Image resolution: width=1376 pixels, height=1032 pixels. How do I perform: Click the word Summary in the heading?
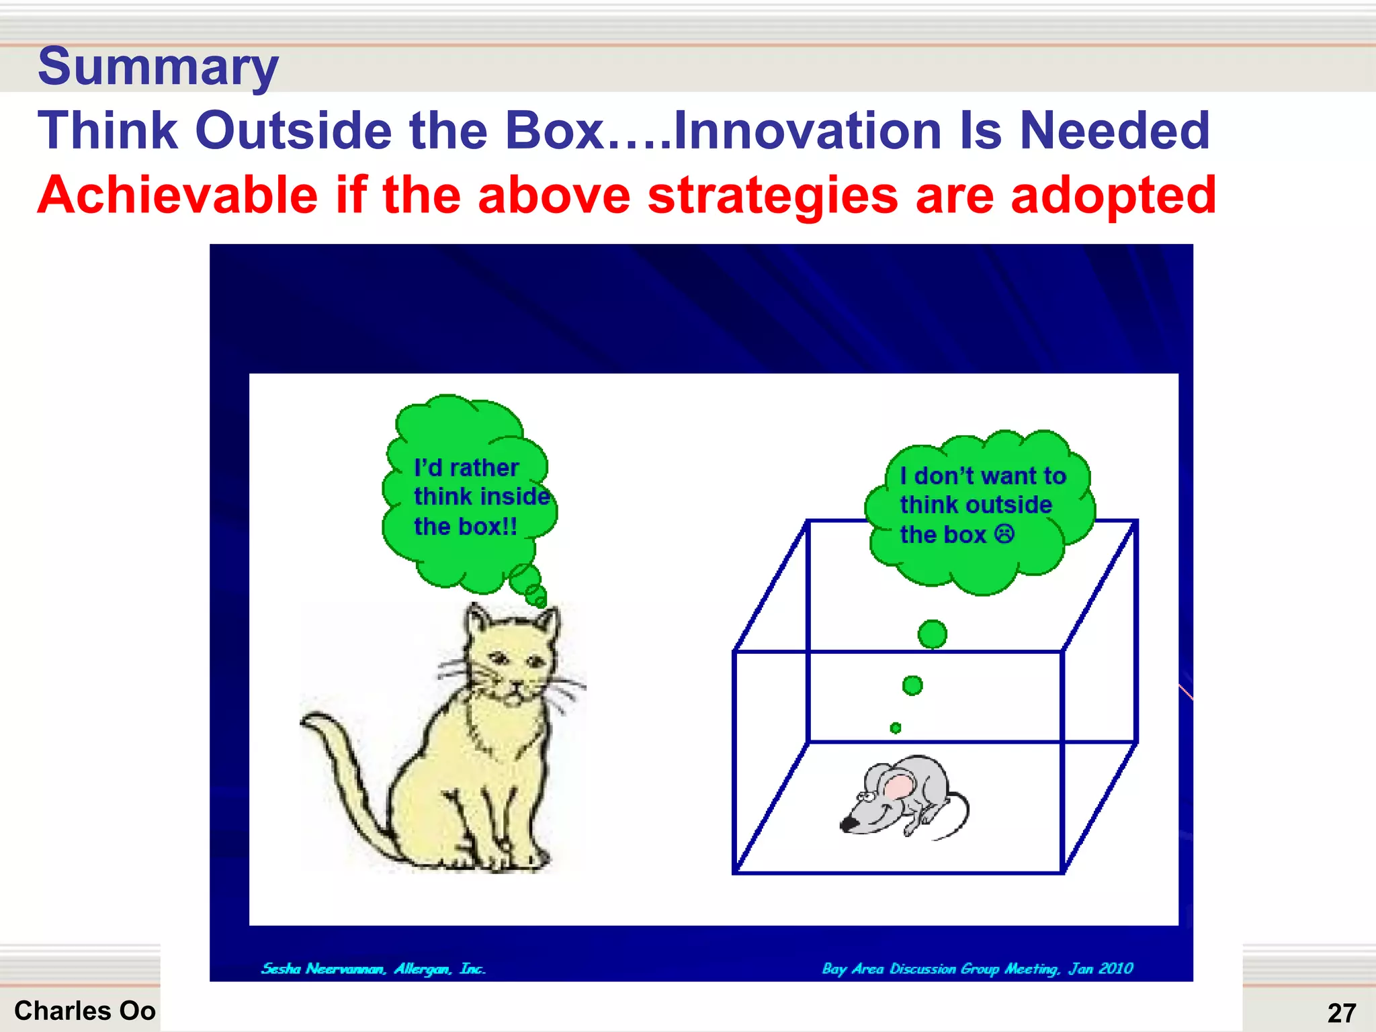click(x=158, y=67)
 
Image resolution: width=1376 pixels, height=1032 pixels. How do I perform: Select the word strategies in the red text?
click(x=773, y=196)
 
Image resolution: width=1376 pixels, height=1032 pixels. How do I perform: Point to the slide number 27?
click(x=1341, y=1013)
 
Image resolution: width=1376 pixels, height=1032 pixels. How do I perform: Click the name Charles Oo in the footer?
click(x=85, y=1010)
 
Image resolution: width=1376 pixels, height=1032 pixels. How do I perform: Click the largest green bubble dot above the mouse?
click(x=932, y=634)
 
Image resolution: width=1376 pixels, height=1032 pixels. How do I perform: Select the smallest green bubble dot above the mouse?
click(x=895, y=728)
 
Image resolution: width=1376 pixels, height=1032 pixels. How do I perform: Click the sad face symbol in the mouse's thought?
click(x=1004, y=535)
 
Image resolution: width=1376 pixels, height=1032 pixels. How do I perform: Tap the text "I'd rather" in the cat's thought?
click(x=466, y=468)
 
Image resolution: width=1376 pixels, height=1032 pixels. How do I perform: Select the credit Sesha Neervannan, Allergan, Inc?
click(x=373, y=969)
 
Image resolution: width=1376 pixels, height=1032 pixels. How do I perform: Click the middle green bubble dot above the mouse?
click(x=912, y=685)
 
